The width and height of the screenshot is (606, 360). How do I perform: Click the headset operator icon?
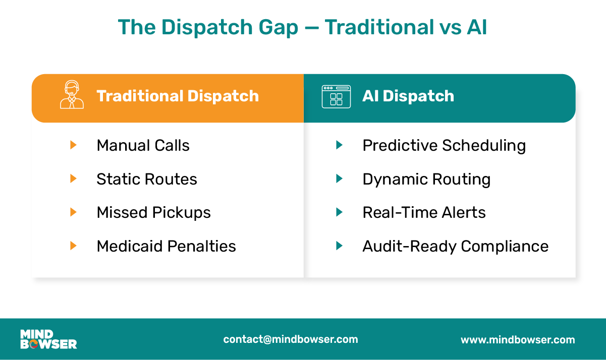pos(72,96)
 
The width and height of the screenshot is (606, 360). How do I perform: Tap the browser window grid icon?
pos(336,96)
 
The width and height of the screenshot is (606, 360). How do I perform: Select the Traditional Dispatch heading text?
pos(178,96)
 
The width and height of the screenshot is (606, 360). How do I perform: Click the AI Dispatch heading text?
pos(408,96)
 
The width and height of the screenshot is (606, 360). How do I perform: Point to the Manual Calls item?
pos(143,146)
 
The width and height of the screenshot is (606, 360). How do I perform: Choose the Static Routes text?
pos(146,179)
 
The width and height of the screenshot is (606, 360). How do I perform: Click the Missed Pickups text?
pos(153,213)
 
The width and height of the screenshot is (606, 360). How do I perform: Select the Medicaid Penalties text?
pos(166,247)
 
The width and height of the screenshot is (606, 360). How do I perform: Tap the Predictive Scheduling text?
pos(444,146)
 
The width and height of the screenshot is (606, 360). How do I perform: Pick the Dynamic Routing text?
pos(426,179)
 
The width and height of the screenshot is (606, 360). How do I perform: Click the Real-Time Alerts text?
pos(424,213)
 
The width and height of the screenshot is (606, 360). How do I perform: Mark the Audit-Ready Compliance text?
pos(455,247)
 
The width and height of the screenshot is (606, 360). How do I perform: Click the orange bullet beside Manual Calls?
pos(73,145)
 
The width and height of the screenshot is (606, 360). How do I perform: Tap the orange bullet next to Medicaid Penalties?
pos(73,246)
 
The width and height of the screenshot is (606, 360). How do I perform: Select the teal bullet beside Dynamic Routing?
pos(339,178)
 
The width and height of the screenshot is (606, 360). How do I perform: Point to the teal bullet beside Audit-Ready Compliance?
pos(339,246)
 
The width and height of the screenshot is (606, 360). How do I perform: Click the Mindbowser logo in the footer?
pos(48,339)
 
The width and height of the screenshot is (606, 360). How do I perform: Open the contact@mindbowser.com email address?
pos(291,339)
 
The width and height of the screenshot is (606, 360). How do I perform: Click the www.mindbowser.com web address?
pos(518,340)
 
